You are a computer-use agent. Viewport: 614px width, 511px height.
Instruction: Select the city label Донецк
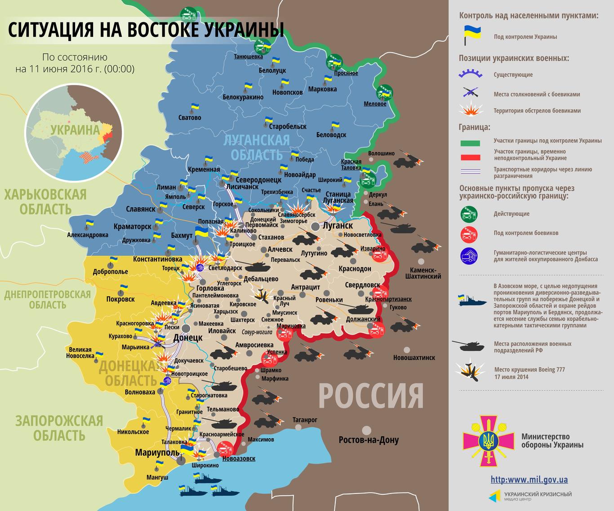click(187, 337)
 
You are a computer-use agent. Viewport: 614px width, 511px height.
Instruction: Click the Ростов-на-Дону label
click(369, 440)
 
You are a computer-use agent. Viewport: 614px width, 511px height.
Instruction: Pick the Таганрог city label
click(305, 420)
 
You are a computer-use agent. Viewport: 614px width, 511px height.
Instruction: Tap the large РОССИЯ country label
click(371, 396)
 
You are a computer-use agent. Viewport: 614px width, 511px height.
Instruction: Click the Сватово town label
click(190, 117)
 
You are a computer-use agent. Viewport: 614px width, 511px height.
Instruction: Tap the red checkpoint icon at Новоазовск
click(224, 448)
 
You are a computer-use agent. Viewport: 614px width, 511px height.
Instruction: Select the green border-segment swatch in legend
click(470, 143)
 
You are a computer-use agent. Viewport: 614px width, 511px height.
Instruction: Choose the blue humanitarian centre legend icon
click(469, 255)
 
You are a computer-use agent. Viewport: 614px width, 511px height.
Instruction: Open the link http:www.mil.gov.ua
click(529, 480)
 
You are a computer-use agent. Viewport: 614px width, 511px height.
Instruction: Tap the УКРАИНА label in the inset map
click(75, 130)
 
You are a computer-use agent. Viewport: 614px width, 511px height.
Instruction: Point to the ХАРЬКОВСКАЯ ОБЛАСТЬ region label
click(45, 202)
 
